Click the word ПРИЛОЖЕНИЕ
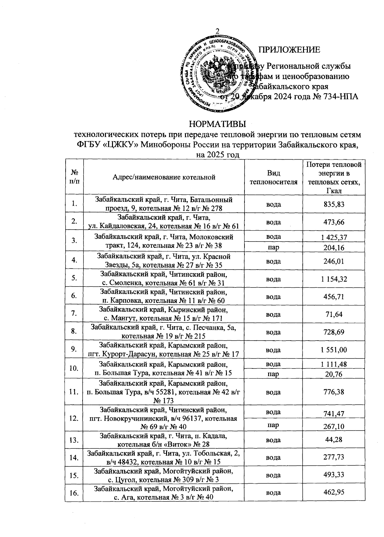click(289, 50)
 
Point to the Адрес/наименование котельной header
click(164, 177)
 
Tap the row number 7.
click(74, 314)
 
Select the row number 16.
click(74, 493)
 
